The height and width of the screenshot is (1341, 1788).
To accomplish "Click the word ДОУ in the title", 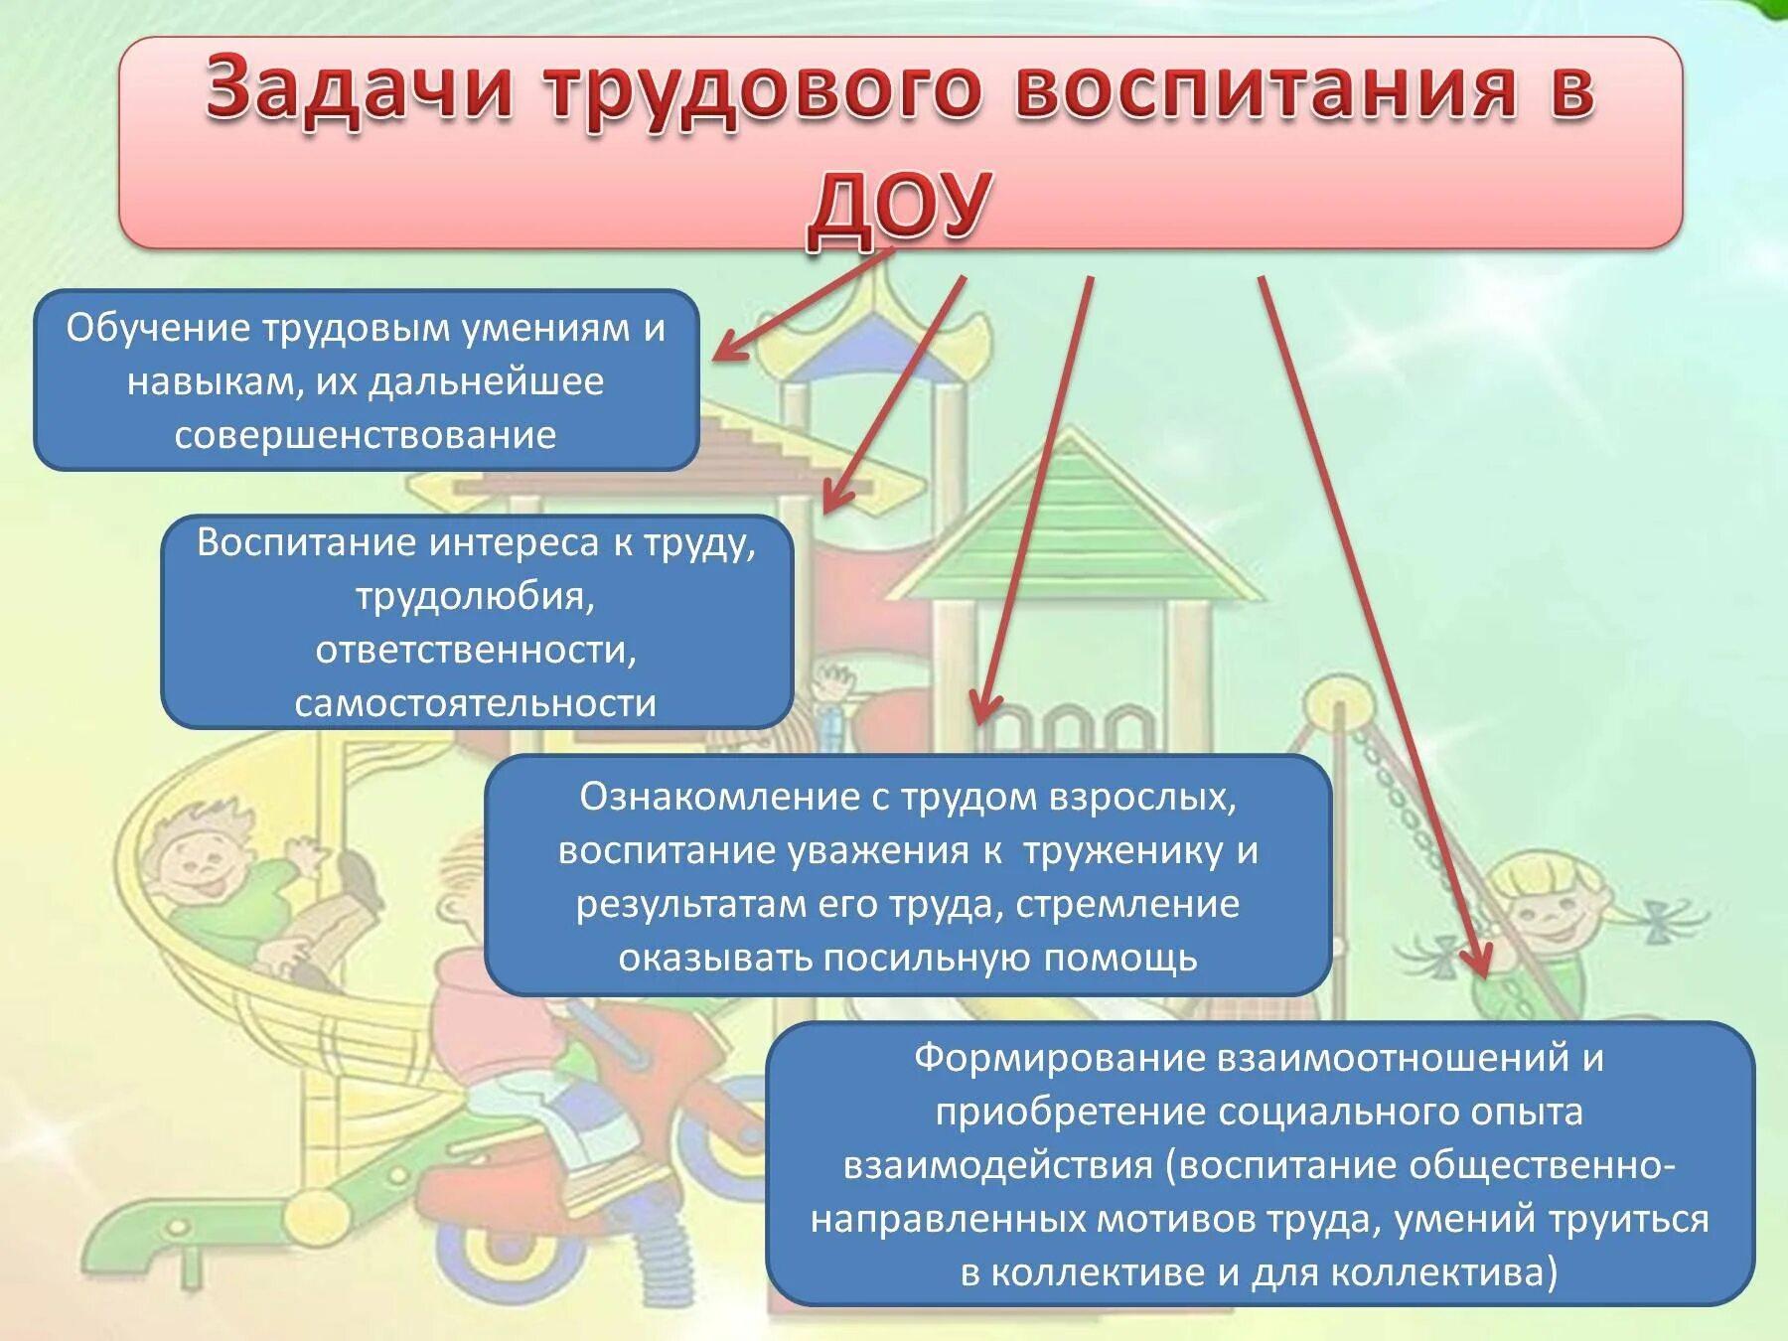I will pos(899,206).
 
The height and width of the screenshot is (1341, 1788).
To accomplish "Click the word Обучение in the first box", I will pos(158,329).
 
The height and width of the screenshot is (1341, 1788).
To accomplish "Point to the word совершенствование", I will pos(366,436).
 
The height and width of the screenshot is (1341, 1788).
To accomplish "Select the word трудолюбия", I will pos(475,596).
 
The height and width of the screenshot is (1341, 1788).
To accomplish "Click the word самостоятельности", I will pos(475,703).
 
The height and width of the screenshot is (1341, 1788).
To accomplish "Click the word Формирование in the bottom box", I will pos(1059,1058).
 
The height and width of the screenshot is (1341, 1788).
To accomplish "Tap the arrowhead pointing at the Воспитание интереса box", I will pos(834,497).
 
